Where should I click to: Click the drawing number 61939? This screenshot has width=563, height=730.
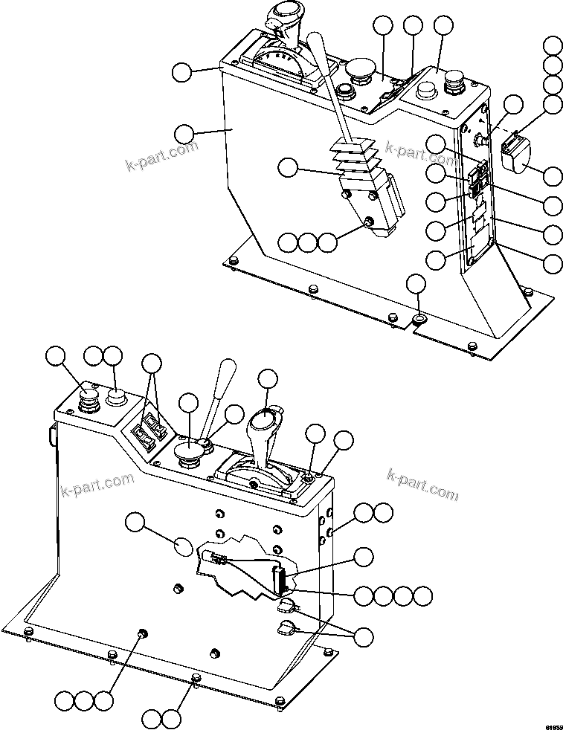(552, 723)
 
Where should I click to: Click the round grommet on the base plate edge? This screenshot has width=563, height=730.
(419, 319)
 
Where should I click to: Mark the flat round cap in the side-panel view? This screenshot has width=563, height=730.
(425, 91)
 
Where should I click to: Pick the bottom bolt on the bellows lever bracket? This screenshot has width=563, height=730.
(369, 221)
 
